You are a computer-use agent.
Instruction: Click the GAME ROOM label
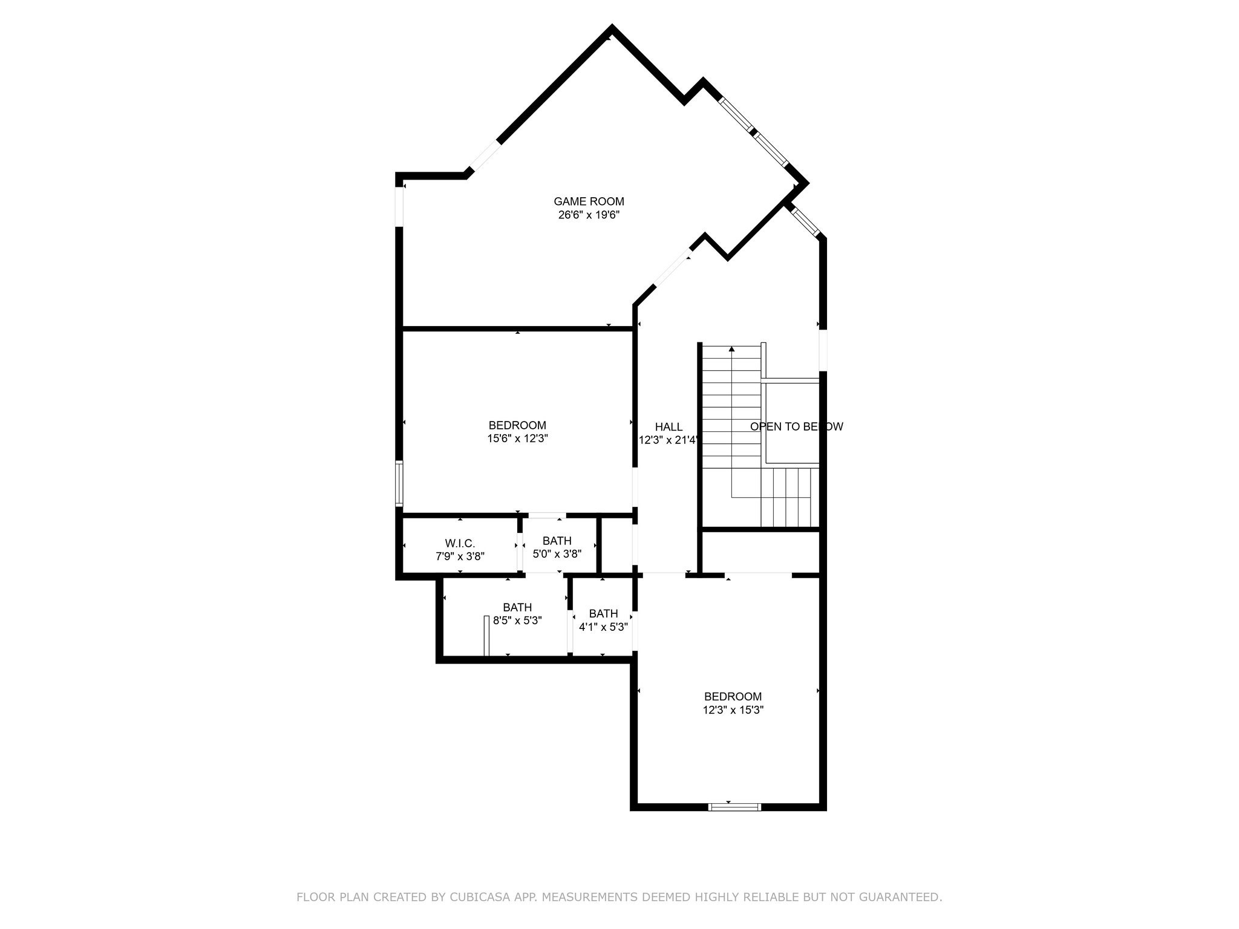589,201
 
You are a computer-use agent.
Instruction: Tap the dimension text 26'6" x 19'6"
589,215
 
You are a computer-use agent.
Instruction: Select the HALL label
669,427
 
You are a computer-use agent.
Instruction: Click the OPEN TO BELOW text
796,426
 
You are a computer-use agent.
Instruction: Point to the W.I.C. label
460,543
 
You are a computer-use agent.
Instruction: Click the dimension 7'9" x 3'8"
460,556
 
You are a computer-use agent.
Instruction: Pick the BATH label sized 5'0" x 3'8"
557,541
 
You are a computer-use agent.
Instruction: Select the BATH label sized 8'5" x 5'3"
517,607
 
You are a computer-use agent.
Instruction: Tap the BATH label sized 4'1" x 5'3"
603,613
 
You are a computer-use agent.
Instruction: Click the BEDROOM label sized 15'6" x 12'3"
517,425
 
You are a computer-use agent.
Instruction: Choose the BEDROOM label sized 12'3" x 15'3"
733,697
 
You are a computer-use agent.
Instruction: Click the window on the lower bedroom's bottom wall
734,806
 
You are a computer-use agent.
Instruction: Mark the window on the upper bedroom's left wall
399,483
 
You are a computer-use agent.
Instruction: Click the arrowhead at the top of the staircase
731,349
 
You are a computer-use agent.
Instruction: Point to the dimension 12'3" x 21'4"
669,441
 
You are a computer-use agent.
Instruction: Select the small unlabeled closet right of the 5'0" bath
616,544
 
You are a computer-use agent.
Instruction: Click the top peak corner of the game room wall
612,28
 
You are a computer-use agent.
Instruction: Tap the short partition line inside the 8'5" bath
486,635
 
